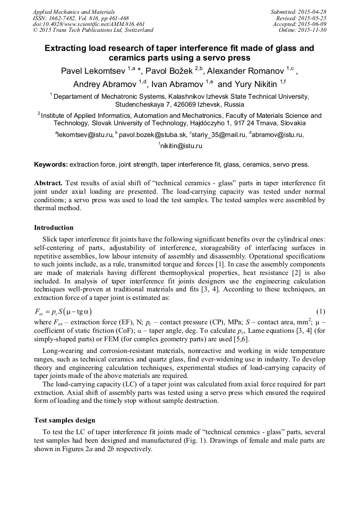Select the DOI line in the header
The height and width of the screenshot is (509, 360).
(89, 24)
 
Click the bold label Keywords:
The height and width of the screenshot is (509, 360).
(51, 165)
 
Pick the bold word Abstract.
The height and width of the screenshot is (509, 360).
(49, 183)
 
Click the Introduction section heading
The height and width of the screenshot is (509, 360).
(54, 228)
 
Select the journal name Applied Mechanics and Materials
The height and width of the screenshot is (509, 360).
(74, 11)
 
